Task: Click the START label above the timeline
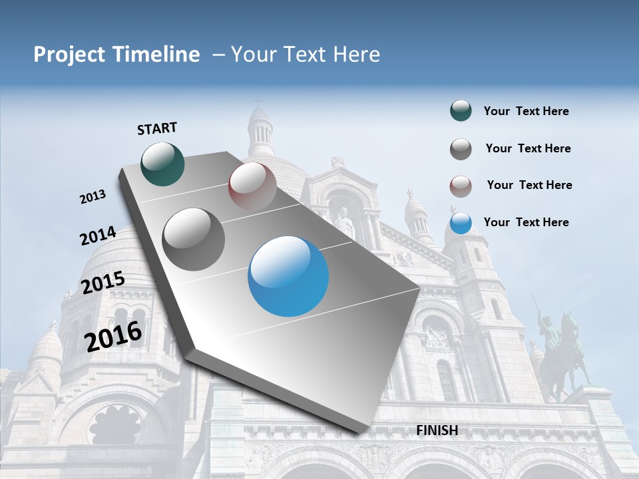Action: click(x=157, y=128)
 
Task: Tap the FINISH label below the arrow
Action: click(x=437, y=430)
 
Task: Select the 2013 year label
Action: click(x=93, y=197)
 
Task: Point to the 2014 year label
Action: click(x=98, y=236)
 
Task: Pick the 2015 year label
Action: click(x=103, y=283)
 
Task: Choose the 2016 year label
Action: click(x=114, y=336)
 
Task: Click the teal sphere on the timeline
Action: click(x=163, y=164)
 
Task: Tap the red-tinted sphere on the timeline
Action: click(x=252, y=186)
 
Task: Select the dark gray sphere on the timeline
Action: click(x=194, y=239)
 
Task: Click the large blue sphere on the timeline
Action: click(x=288, y=276)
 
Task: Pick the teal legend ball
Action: click(x=461, y=111)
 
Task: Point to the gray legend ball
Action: click(x=461, y=149)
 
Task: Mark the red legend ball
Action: click(x=461, y=186)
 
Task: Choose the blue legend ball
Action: click(x=461, y=223)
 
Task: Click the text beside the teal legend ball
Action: click(x=526, y=112)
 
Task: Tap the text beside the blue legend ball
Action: click(x=526, y=222)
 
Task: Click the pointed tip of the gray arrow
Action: click(x=360, y=432)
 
